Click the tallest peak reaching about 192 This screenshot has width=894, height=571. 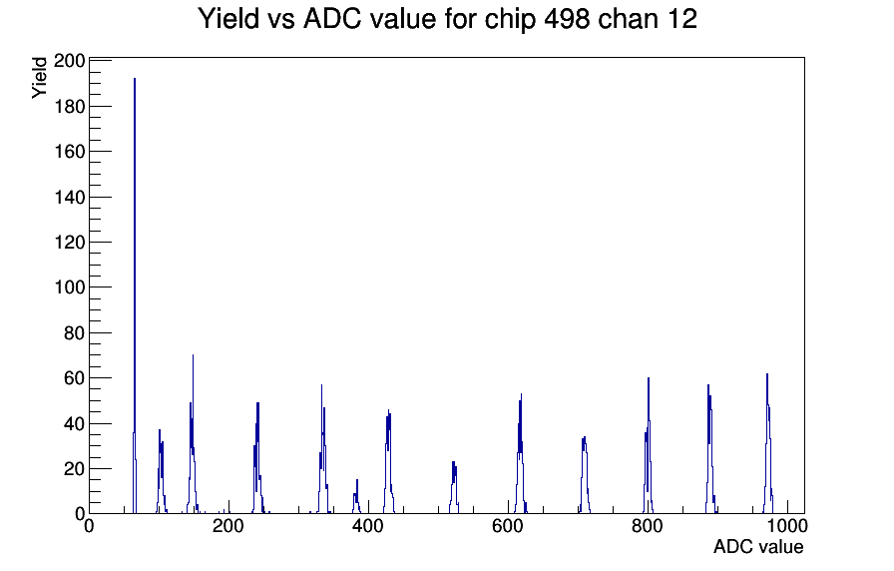point(135,285)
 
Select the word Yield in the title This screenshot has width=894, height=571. point(228,19)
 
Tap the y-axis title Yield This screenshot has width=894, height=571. point(39,78)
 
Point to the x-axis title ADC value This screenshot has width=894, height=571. point(758,546)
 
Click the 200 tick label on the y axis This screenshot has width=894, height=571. point(69,61)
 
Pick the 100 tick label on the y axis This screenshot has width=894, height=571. point(69,286)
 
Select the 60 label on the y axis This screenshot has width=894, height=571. point(74,377)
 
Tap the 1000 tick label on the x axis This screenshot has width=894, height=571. point(786,525)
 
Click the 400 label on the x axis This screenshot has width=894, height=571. point(368,525)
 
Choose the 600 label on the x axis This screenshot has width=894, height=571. point(508,525)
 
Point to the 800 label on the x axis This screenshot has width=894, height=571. point(648,525)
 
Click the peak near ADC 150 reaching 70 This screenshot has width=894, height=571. point(193,433)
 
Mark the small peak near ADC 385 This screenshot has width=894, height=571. point(356,496)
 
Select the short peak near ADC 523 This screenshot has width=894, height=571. point(454,488)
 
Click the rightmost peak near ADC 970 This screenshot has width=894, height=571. point(767,445)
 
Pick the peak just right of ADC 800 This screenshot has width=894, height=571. point(649,445)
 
